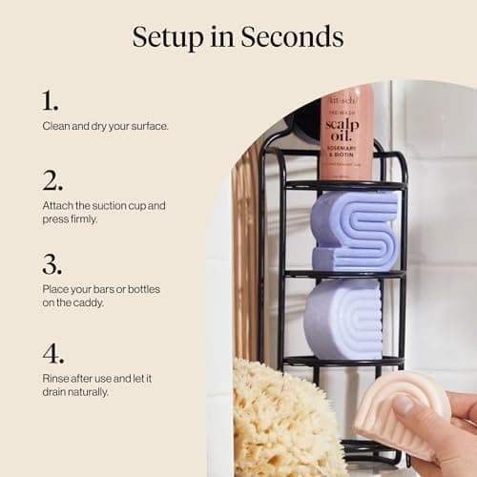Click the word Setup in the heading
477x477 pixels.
click(x=169, y=38)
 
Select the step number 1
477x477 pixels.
click(x=50, y=100)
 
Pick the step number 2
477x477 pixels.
click(x=52, y=180)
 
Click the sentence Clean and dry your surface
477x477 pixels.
click(x=105, y=126)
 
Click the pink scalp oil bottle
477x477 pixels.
click(x=346, y=134)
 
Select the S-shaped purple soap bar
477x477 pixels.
click(x=354, y=231)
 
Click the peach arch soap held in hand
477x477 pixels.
click(x=401, y=410)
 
